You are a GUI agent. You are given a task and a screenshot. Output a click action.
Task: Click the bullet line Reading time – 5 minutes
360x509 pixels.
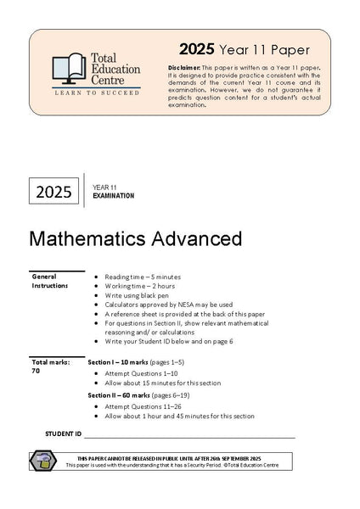point(143,277)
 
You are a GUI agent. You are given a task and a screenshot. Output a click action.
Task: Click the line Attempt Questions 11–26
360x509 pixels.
point(149,406)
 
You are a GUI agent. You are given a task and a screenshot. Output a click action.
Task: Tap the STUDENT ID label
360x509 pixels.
point(63,433)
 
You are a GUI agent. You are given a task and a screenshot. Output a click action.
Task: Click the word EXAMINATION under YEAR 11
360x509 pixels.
point(113,196)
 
